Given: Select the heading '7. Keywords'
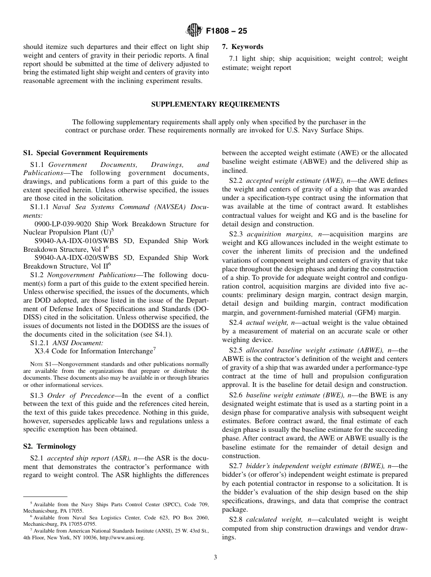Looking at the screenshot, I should [242, 47].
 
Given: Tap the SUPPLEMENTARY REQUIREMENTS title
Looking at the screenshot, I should [215, 104].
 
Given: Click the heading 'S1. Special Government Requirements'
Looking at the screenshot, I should [85, 153].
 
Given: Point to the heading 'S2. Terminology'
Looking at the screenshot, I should [50, 446].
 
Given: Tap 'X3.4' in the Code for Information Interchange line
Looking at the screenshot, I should [42, 351].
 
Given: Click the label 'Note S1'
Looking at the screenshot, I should [40, 364].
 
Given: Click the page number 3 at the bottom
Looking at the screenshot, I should [215, 557].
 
